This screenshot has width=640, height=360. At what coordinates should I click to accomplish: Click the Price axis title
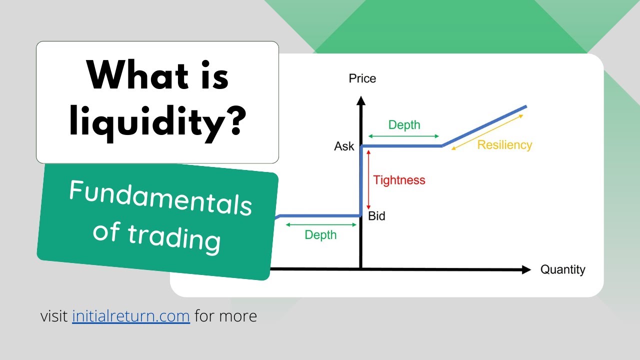point(362,78)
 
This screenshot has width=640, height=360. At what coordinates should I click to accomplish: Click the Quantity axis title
point(562,270)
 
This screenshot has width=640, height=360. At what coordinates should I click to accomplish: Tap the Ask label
point(344,146)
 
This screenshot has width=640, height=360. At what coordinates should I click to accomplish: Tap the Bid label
point(376,216)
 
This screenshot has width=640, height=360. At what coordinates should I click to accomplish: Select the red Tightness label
point(399,180)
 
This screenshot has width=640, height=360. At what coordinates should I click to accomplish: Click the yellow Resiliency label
point(504,145)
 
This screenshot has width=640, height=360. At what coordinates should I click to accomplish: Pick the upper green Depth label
point(404,125)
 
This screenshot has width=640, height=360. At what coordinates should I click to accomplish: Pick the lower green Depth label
point(320,235)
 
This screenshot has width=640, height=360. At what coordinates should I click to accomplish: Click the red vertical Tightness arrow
point(368,180)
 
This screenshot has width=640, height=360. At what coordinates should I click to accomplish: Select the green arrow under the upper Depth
point(403,136)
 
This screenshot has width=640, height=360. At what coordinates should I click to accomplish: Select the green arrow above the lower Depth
point(320,225)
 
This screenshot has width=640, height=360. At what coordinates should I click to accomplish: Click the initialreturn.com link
point(131,316)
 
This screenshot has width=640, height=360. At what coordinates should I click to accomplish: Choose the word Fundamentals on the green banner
point(160,197)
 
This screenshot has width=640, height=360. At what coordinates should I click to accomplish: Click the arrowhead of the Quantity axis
point(526,270)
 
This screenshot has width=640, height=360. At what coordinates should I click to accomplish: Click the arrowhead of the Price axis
point(360,100)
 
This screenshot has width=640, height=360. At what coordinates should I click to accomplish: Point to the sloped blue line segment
point(484,126)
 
